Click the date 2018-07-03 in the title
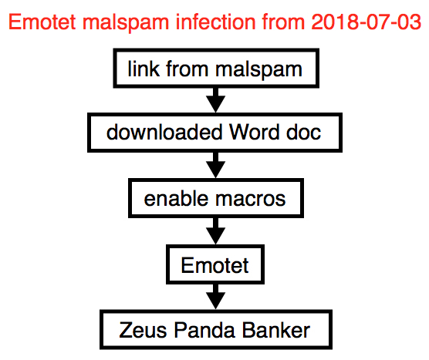pos(366,22)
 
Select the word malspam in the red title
pos(125,23)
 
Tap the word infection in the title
pos(216,22)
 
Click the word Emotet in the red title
pos(42,22)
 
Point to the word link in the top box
pos(144,69)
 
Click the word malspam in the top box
pos(258,70)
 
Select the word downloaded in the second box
pos(164,132)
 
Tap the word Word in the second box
pos(254,132)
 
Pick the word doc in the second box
pos(303,132)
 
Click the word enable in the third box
pos(176,198)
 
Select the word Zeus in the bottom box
pos(143,330)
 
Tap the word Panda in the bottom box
pos(204,330)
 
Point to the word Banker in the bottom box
pos(276,330)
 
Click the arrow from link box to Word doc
pos(215,100)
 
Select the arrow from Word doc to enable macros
pos(215,165)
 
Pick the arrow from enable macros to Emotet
pos(215,231)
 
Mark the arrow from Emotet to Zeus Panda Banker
pos(215,297)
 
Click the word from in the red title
pos(284,22)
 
